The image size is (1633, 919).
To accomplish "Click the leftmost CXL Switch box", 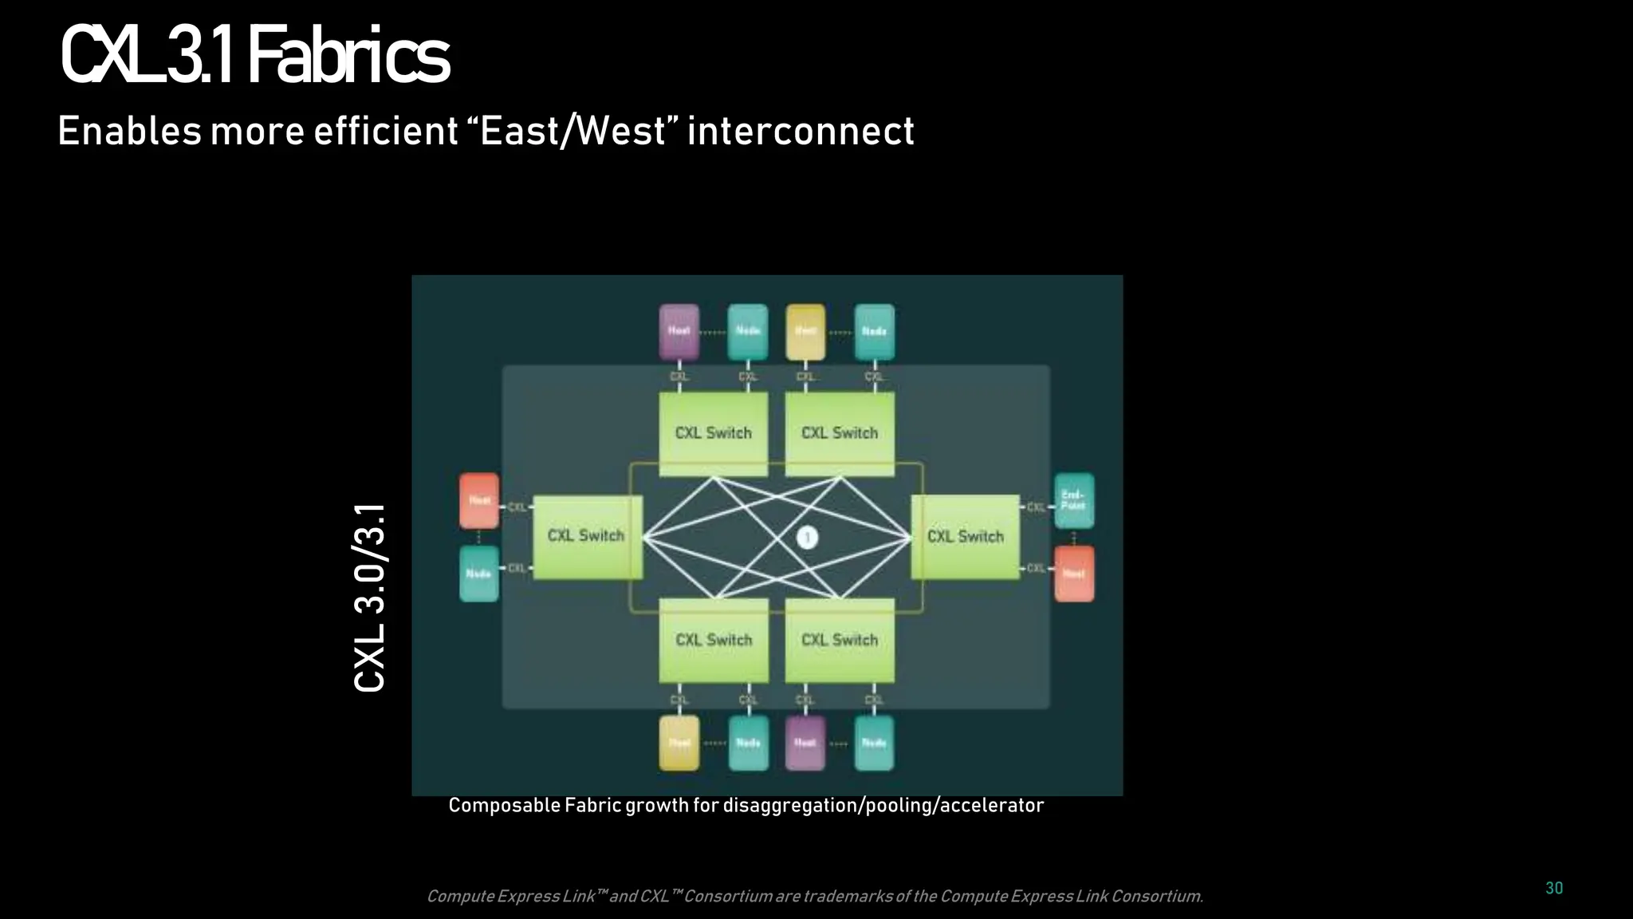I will (587, 536).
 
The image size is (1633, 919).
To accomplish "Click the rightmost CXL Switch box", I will (965, 536).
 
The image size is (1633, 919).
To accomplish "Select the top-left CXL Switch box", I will (713, 433).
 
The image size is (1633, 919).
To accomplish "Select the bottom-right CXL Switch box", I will (839, 640).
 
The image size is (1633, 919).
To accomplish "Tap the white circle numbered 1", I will (807, 538).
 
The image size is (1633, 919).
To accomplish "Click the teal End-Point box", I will (1073, 500).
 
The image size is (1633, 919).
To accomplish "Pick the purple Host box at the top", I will (679, 331).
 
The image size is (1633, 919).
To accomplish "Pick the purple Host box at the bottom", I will (805, 743).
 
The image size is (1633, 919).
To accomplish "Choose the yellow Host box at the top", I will (805, 331).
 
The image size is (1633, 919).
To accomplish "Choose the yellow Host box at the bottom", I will (679, 743).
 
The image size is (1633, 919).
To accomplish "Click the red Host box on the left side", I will (479, 500).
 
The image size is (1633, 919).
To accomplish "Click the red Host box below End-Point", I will (1073, 574).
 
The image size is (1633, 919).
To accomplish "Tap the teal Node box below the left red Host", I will (479, 574).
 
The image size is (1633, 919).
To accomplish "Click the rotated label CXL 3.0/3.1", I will (370, 598).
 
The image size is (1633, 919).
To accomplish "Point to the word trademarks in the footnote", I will (847, 897).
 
